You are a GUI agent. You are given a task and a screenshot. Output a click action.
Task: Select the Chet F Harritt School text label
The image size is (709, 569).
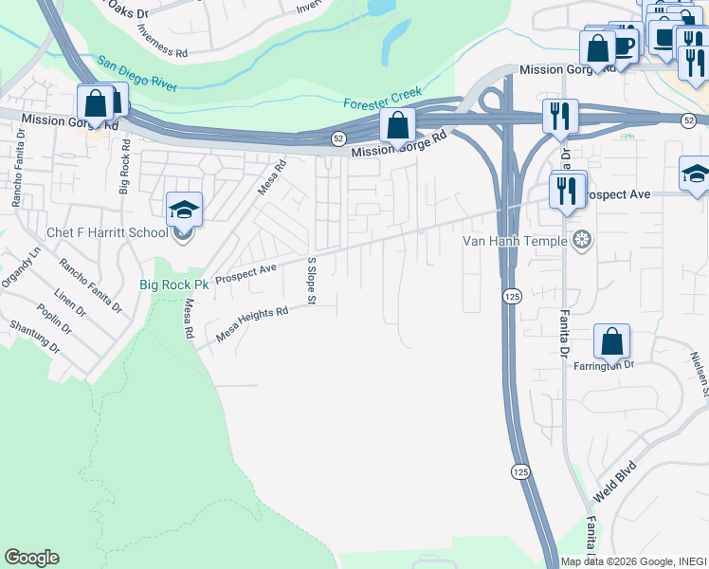108,233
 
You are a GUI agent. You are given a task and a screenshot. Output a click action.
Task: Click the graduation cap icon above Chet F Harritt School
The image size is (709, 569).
184,210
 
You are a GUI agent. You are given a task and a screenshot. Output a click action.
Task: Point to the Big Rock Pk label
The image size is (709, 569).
173,284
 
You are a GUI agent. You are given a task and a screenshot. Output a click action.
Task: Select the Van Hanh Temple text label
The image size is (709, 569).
515,241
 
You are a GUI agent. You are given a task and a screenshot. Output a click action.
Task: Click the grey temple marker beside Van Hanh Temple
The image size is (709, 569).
582,241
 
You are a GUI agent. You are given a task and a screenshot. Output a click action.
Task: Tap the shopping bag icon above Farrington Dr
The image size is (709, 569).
612,341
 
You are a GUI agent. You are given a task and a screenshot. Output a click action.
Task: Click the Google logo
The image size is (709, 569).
31,558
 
